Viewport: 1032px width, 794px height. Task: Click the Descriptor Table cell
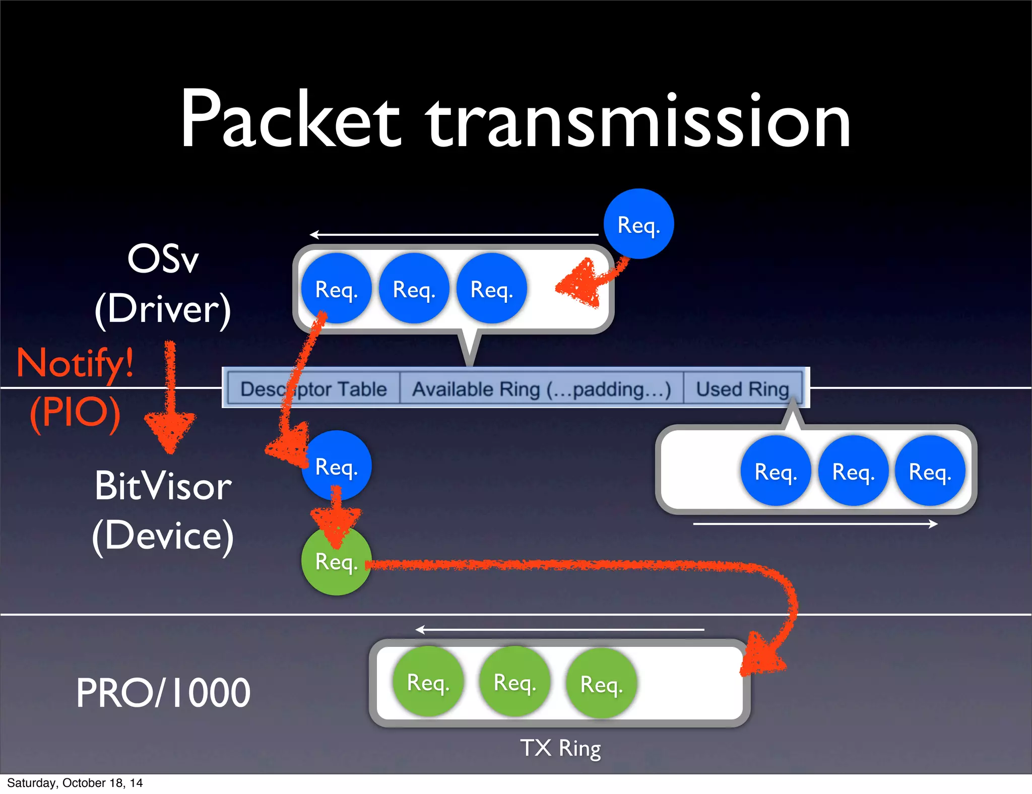point(313,389)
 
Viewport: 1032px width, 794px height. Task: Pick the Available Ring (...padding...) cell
point(541,389)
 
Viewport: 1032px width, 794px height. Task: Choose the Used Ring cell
point(742,389)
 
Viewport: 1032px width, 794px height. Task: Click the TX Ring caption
point(560,748)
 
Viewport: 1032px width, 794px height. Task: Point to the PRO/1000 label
point(163,693)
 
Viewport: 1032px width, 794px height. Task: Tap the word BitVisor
point(163,486)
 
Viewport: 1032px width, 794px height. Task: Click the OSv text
point(163,259)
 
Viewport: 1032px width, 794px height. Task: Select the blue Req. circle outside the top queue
point(638,224)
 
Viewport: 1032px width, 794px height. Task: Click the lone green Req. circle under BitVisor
point(336,561)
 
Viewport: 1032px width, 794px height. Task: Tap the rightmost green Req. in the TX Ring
point(601,684)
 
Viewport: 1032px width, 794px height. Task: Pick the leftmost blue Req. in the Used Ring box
point(776,472)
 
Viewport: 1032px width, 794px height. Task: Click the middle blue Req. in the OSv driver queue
point(414,289)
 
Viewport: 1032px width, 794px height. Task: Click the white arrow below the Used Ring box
point(815,524)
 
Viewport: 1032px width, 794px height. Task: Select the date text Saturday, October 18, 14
point(75,783)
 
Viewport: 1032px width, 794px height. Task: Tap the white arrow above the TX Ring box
point(559,629)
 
